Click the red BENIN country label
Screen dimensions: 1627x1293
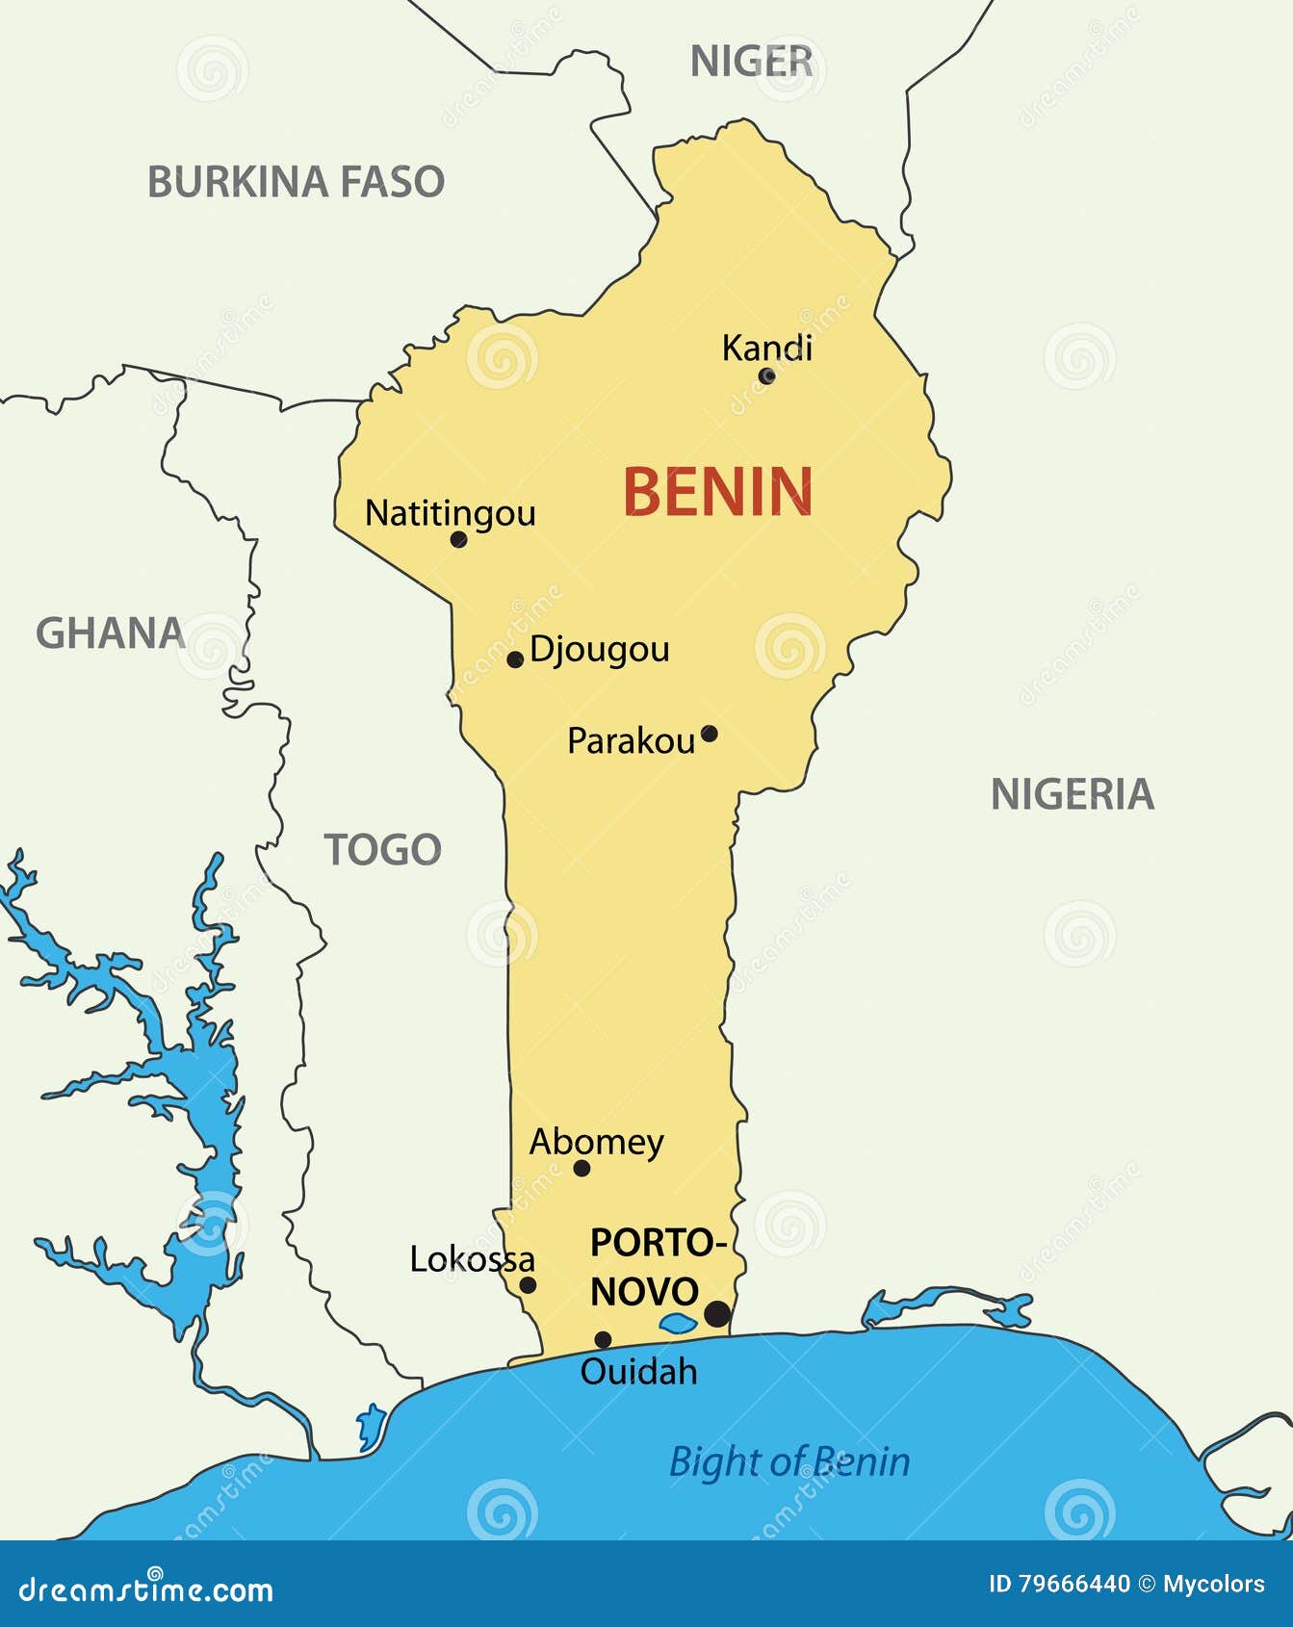click(x=717, y=492)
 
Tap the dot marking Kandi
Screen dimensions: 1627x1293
click(x=766, y=375)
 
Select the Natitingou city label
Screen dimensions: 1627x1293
click(x=450, y=513)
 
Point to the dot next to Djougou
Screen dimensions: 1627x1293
click(x=515, y=659)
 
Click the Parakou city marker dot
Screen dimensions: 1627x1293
click(x=709, y=734)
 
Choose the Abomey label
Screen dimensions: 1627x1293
click(x=596, y=1142)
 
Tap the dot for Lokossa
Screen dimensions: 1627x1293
click(x=528, y=1284)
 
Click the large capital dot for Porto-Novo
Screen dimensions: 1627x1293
click(x=716, y=1313)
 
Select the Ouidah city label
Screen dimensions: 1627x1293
click(x=638, y=1371)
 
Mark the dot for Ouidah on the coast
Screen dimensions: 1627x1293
click(x=603, y=1339)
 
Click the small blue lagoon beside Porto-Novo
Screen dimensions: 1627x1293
click(x=678, y=1324)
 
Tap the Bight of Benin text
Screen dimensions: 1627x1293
click(x=789, y=1461)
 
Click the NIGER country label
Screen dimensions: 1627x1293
click(x=751, y=63)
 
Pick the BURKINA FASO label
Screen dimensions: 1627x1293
click(x=296, y=182)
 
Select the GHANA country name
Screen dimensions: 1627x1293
click(x=110, y=633)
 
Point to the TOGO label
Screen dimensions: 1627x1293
click(x=382, y=850)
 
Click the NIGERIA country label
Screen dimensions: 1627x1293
click(x=1072, y=794)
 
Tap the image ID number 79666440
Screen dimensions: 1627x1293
click(x=1073, y=1584)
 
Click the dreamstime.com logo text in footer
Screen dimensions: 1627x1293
click(x=146, y=1590)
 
